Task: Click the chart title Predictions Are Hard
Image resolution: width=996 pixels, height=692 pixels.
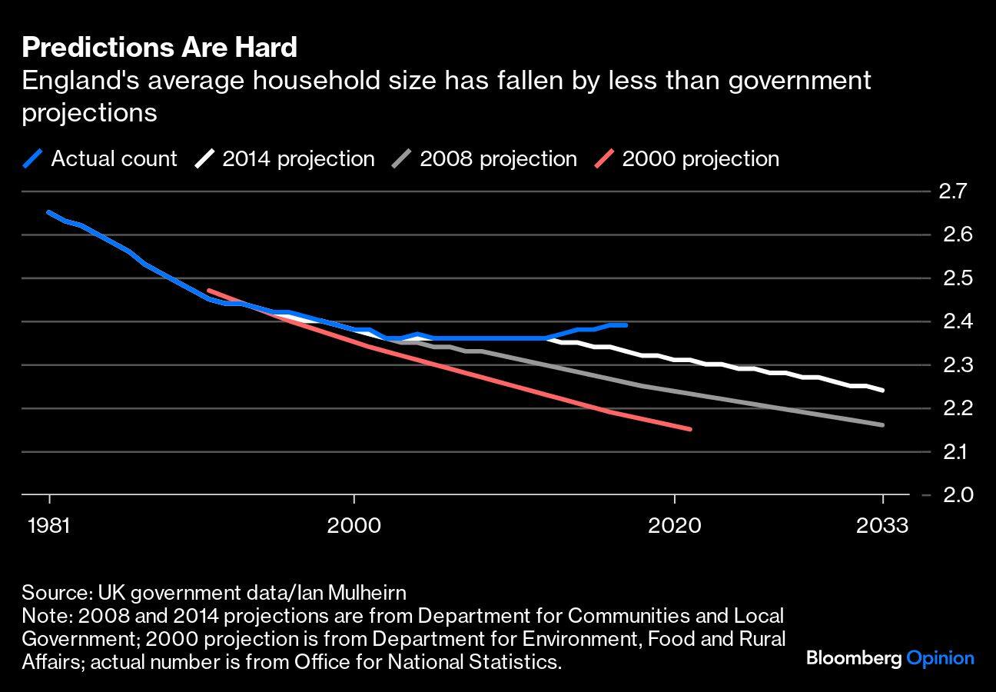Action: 159,48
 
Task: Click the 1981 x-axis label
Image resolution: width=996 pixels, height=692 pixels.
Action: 49,526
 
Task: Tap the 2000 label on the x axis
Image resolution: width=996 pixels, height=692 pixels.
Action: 354,526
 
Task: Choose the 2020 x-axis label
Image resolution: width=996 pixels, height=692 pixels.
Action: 674,526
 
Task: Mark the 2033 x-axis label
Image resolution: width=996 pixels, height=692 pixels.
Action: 883,526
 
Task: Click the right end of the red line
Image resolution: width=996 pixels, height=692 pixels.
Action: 690,429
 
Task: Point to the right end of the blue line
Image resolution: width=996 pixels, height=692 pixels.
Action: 626,325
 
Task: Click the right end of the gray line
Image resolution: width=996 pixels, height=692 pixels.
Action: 882,425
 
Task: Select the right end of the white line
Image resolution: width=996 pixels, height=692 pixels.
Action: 882,390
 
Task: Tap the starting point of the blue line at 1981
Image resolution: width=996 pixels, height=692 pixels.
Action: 49,212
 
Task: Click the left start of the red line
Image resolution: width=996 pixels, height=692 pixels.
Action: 209,291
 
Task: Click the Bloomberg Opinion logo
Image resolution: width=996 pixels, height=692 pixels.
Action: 890,658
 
